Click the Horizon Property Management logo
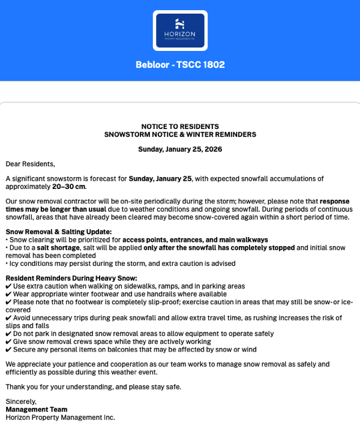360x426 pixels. click(180, 30)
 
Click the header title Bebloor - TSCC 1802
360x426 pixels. click(180, 65)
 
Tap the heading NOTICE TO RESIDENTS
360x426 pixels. click(180, 127)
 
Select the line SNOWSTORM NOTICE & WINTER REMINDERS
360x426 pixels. click(180, 134)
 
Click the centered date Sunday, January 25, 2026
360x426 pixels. click(180, 149)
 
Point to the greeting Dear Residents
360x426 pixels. click(30, 164)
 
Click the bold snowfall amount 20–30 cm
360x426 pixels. click(69, 187)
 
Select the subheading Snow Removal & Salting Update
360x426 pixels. click(59, 232)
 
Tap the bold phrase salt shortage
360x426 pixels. click(58, 248)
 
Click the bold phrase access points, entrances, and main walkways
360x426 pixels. click(195, 240)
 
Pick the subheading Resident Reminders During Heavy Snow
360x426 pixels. click(71, 278)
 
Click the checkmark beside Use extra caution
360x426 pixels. click(8, 286)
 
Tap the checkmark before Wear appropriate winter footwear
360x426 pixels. click(8, 294)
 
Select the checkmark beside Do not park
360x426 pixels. click(8, 334)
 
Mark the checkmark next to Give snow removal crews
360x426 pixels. click(8, 341)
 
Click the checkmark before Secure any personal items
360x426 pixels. click(8, 349)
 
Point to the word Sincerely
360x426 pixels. click(21, 401)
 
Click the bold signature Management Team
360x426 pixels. click(37, 409)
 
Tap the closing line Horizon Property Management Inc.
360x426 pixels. click(60, 418)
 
